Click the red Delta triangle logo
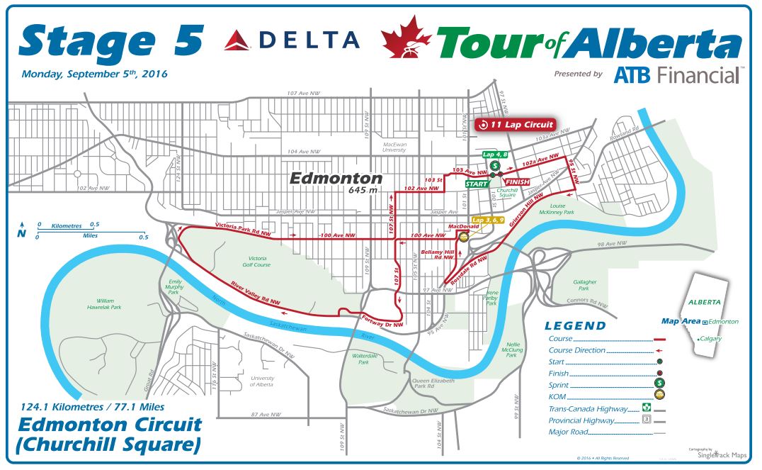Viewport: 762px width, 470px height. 239,40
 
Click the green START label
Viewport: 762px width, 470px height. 477,184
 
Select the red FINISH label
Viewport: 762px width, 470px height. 518,182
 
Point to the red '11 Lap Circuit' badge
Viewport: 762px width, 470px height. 516,125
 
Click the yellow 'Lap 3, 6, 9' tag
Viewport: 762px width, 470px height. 487,220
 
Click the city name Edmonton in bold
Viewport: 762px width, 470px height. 335,179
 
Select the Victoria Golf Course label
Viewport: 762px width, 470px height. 258,262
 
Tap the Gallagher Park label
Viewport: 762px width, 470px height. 583,285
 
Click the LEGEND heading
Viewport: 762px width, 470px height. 575,326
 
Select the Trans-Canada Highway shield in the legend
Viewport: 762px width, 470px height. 646,408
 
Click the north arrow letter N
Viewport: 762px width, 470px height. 22,233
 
